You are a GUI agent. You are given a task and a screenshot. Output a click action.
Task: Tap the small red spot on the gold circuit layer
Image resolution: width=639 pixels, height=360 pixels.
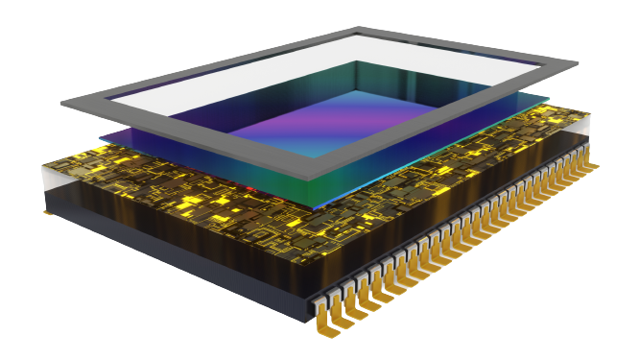click(x=251, y=190)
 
